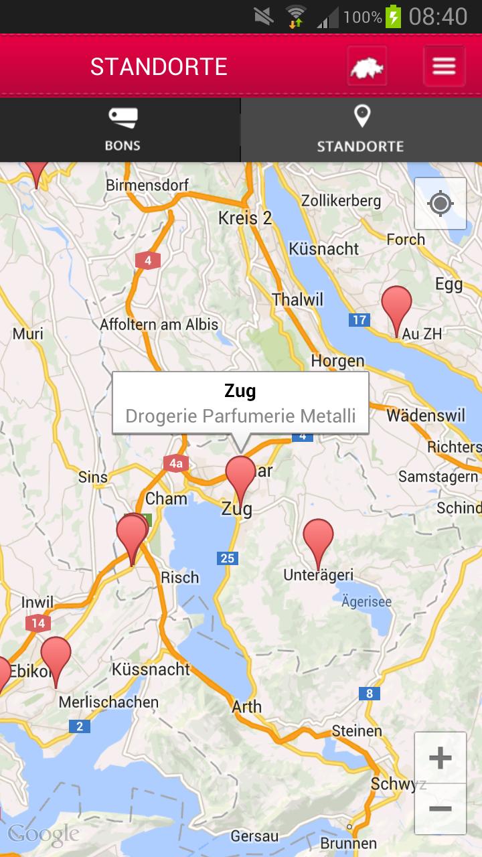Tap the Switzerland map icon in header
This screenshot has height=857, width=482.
pos(367,66)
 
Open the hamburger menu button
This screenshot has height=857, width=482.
pos(444,66)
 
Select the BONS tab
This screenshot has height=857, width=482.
pos(122,130)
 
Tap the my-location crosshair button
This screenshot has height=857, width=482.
pos(440,204)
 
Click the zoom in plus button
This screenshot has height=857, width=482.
pos(440,758)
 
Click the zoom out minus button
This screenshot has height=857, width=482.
pos(440,809)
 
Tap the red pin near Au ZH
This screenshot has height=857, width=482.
pos(396,307)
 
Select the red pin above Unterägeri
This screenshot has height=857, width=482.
pos(318,540)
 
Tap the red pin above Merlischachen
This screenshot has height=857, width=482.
pos(56,657)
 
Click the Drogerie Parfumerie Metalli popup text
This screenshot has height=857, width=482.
pos(240,416)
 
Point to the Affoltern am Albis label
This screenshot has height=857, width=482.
pos(159,325)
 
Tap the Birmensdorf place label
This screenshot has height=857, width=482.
pos(147,185)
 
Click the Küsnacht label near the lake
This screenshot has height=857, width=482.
pos(324,249)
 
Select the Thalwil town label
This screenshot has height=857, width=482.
pos(297,299)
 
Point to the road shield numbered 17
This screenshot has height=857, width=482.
pos(359,320)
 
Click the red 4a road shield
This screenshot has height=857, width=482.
pos(175,463)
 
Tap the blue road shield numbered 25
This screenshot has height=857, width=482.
pos(228,558)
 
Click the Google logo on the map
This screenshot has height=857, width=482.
pos(44,834)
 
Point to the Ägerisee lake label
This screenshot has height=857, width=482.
pos(366,602)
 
